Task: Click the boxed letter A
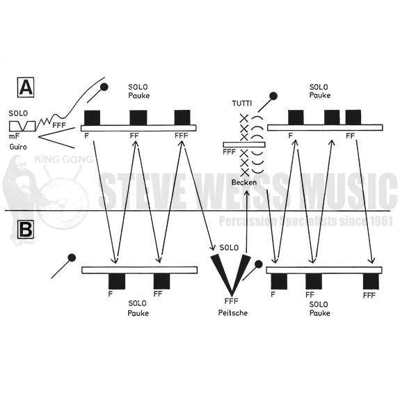click(x=26, y=87)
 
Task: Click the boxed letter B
click(x=26, y=229)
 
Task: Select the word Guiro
click(x=18, y=147)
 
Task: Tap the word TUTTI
click(x=242, y=104)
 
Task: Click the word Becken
click(x=244, y=182)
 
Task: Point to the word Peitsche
click(x=232, y=313)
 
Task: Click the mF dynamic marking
click(x=14, y=136)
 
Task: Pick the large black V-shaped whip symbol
click(x=231, y=275)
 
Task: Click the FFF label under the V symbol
click(x=232, y=301)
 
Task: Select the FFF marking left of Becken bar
click(x=230, y=152)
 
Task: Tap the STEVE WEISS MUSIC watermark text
click(x=248, y=191)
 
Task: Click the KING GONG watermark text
click(x=64, y=159)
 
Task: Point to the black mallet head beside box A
click(x=104, y=87)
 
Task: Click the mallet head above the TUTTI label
click(x=273, y=96)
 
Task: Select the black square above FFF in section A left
click(x=182, y=118)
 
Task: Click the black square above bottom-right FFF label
click(x=371, y=281)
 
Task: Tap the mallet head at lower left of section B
click(x=72, y=257)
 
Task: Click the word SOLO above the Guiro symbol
click(x=18, y=113)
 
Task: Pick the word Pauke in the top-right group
click(x=320, y=95)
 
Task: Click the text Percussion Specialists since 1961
click(x=306, y=221)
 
